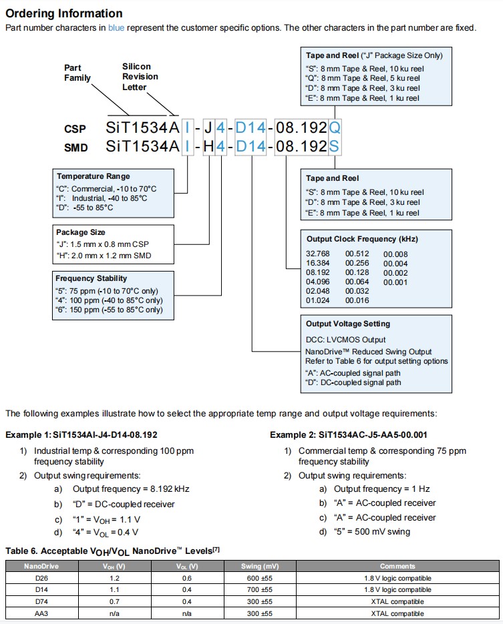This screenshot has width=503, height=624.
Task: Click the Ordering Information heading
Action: pyautogui.click(x=64, y=13)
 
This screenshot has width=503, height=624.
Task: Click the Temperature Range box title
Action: pyautogui.click(x=89, y=176)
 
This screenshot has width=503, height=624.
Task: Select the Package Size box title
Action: pyautogui.click(x=81, y=232)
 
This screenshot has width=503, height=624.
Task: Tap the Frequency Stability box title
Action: pyautogui.click(x=91, y=278)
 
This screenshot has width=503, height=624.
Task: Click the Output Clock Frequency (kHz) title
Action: pyautogui.click(x=362, y=239)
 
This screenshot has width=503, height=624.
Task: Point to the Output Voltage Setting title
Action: pyautogui.click(x=348, y=324)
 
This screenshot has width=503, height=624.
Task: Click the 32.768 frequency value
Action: pyautogui.click(x=319, y=254)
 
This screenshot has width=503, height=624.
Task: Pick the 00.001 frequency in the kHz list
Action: pyautogui.click(x=395, y=282)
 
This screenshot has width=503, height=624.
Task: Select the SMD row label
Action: pyautogui.click(x=76, y=149)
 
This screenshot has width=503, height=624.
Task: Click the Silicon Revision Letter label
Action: pyautogui.click(x=140, y=76)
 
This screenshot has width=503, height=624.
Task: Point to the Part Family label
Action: pyautogui.click(x=77, y=73)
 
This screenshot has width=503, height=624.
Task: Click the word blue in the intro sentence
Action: pyautogui.click(x=116, y=28)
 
